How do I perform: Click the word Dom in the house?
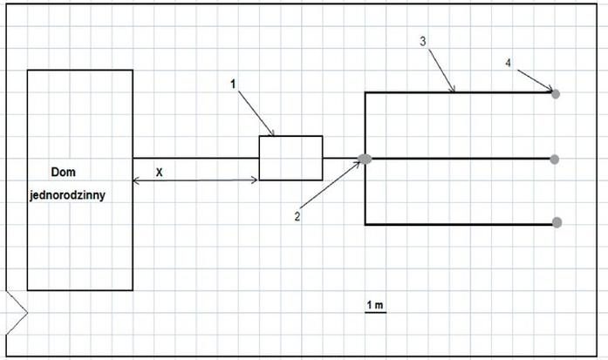tap(63, 172)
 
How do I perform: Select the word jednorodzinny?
tap(67, 195)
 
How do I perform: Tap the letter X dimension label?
tap(159, 173)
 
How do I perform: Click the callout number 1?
tap(233, 84)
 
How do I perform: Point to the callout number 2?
tap(297, 216)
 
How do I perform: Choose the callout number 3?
tap(423, 41)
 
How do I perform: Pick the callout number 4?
tap(509, 63)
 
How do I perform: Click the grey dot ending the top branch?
tap(556, 94)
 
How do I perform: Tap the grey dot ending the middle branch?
tap(555, 160)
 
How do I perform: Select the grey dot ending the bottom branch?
tap(557, 222)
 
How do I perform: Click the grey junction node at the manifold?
tap(365, 159)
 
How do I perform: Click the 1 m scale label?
tap(375, 305)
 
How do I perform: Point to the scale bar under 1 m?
tap(376, 312)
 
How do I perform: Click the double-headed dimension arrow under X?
tap(195, 180)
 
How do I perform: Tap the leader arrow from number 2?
tap(331, 185)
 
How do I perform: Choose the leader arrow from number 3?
tap(441, 70)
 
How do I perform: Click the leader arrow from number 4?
tap(535, 80)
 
